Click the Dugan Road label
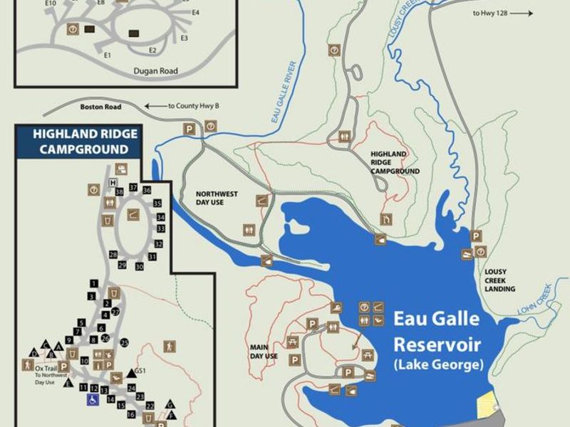(x=155, y=71)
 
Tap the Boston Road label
(x=101, y=107)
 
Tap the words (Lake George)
(x=438, y=365)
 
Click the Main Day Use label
(x=263, y=352)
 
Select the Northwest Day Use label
(x=217, y=199)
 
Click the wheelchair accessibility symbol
(x=93, y=401)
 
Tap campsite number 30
(x=140, y=266)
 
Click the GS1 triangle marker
(x=130, y=372)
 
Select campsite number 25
(x=125, y=343)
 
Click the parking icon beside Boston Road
(x=190, y=127)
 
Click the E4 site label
(x=195, y=13)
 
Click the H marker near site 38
(x=112, y=183)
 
